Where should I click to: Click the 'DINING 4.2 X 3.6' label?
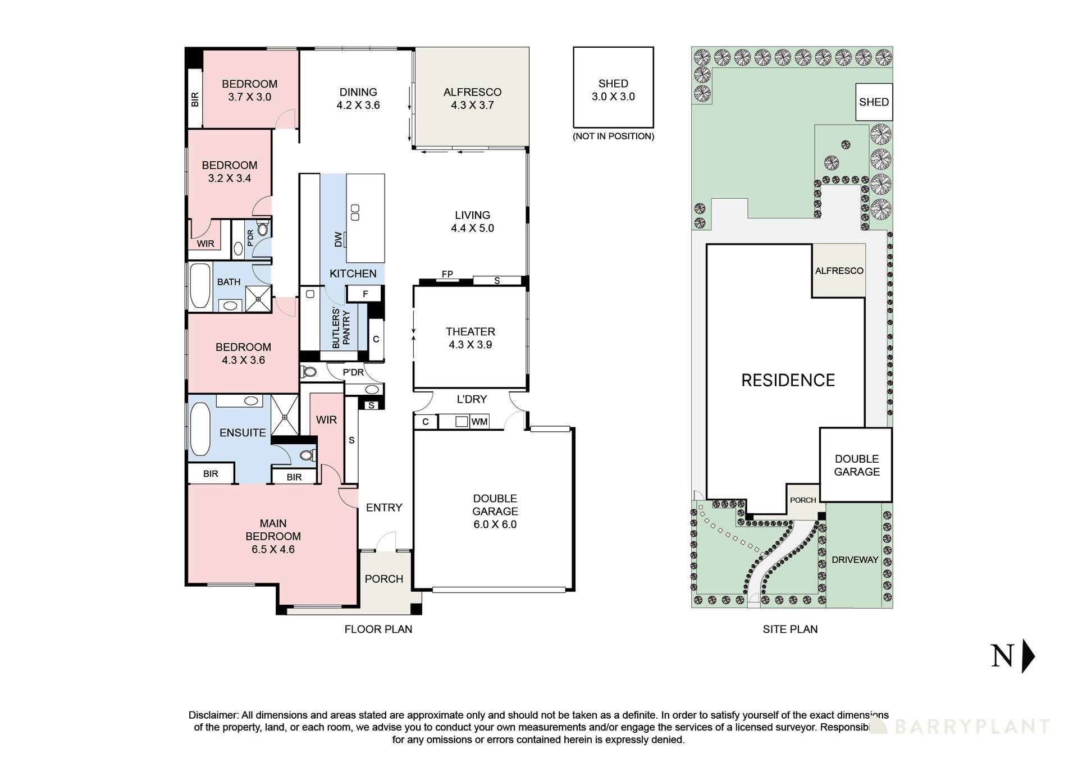click(358, 98)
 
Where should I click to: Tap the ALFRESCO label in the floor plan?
click(472, 98)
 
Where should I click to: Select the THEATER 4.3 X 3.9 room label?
click(470, 338)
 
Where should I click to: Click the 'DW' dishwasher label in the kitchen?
click(338, 239)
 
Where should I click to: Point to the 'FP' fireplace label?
click(447, 274)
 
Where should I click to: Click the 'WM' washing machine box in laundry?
click(479, 422)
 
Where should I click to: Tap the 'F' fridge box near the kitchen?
click(365, 294)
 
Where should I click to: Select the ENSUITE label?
click(243, 432)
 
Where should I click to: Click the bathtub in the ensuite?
click(200, 429)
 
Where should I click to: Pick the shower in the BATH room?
click(258, 298)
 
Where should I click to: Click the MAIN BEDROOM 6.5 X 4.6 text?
click(273, 536)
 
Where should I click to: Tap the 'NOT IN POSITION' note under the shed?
click(613, 136)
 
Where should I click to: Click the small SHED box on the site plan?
click(874, 102)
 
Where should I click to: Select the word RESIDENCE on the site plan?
click(788, 380)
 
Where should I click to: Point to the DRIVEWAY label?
click(855, 559)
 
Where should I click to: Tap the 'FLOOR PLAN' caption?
click(378, 629)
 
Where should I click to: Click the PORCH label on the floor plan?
click(383, 579)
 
